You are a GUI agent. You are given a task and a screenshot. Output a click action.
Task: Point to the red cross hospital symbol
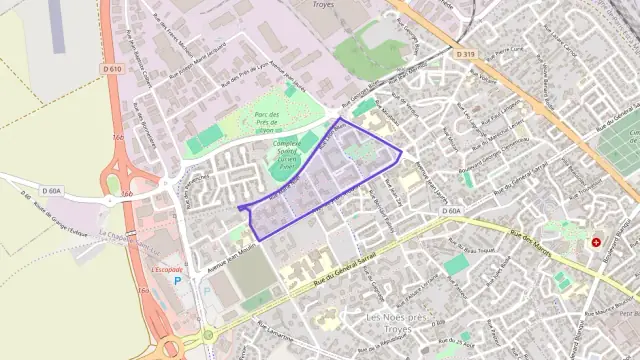(597, 242)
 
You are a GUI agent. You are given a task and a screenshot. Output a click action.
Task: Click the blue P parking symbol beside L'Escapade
(179, 281)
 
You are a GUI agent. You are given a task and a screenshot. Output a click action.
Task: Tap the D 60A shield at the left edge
(52, 190)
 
